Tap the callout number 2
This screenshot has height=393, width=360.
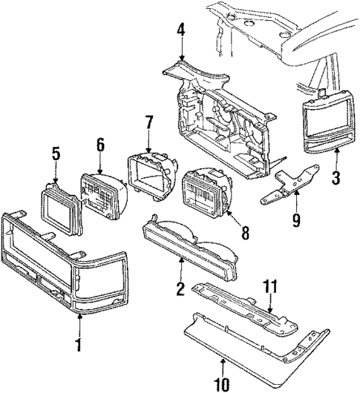179,287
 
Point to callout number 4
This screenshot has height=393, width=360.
181,30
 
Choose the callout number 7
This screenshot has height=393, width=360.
149,121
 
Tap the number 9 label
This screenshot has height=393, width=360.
295,219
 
